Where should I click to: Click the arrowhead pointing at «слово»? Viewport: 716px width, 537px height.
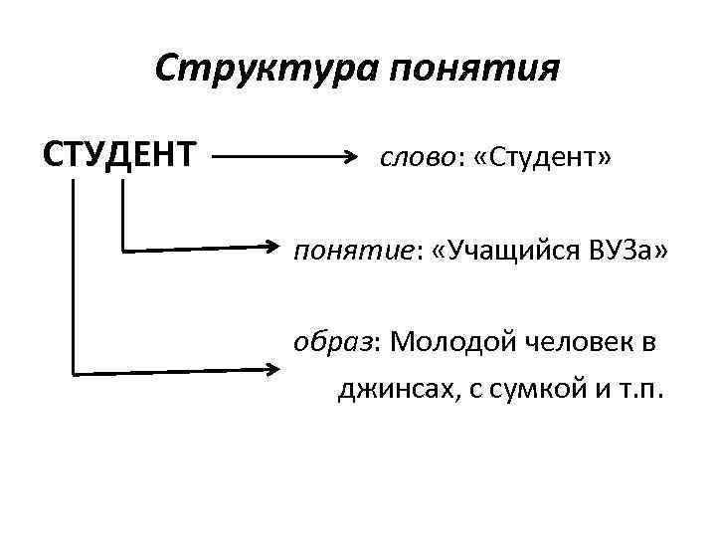click(351, 157)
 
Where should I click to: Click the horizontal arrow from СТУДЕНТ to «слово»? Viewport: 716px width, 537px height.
click(283, 157)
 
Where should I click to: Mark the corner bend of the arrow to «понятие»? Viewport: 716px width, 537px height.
click(122, 251)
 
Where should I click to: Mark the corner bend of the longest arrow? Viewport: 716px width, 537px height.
click(74, 373)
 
